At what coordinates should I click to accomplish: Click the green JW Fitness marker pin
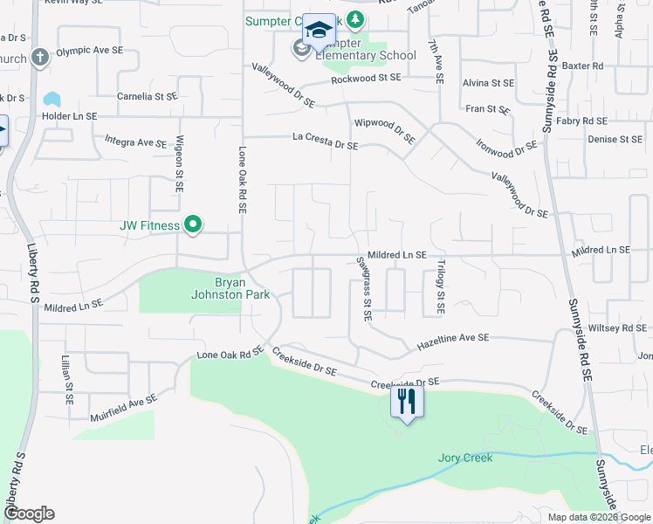tap(193, 225)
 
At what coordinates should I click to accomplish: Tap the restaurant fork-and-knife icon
tap(406, 401)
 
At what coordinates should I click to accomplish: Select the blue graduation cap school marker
tap(319, 31)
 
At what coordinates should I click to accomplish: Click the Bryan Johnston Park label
tap(243, 288)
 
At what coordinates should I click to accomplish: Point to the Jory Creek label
tap(465, 458)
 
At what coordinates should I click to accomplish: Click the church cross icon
tap(38, 58)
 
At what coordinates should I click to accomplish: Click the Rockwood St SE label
tap(366, 79)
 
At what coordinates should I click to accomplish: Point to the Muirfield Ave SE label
tap(124, 409)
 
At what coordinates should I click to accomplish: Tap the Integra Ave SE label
tap(135, 141)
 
